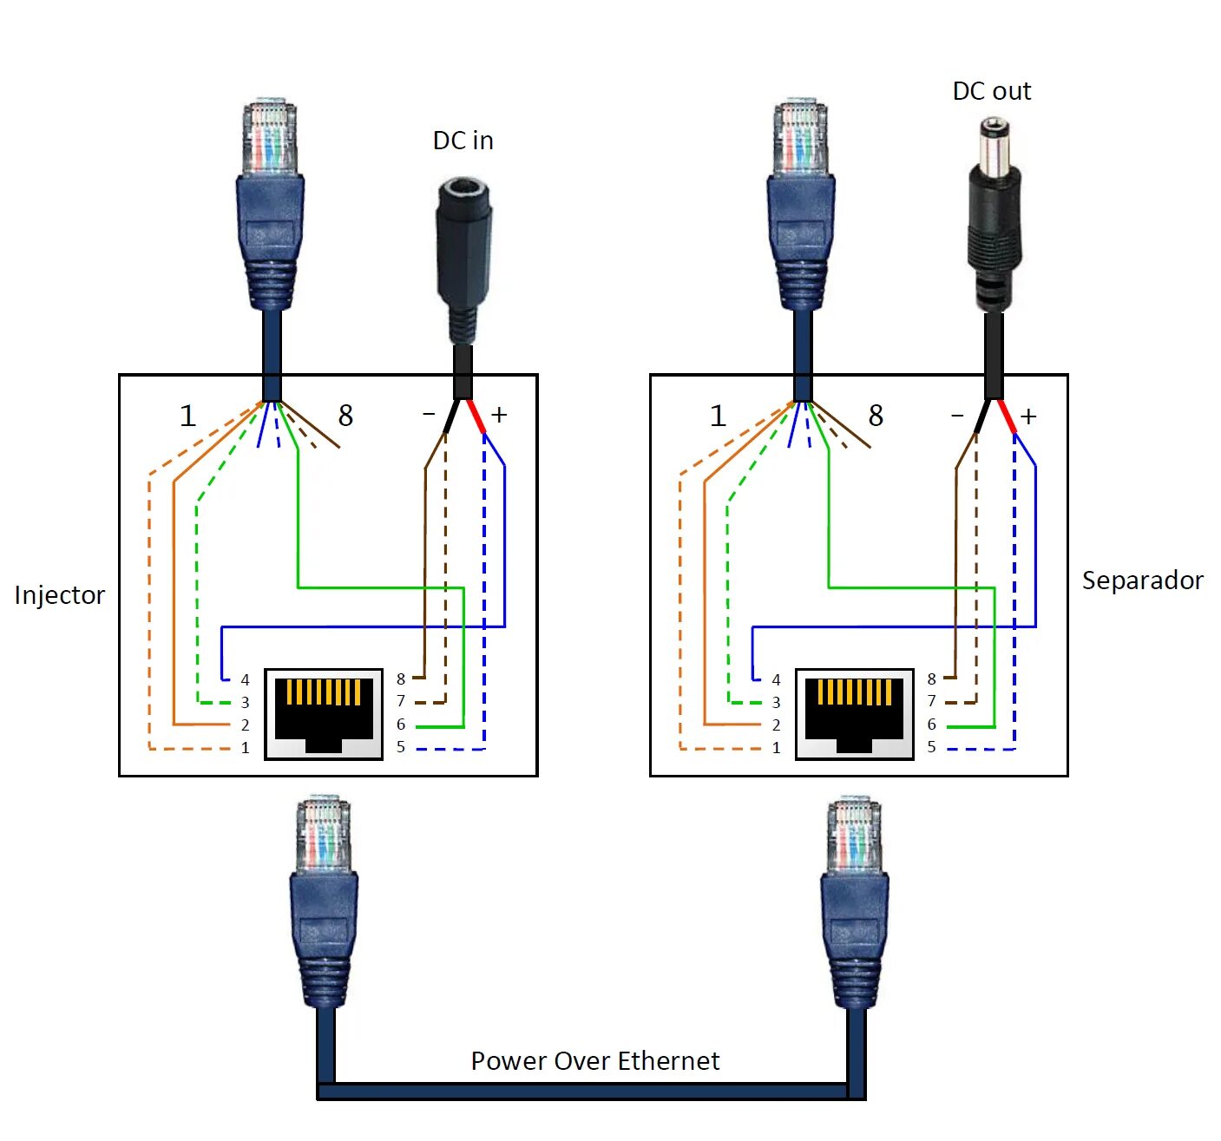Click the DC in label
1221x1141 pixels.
[x=463, y=141]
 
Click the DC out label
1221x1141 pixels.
[x=991, y=91]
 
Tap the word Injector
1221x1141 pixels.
[x=59, y=595]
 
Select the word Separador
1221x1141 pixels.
[x=1142, y=580]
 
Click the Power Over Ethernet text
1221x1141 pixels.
[x=594, y=1061]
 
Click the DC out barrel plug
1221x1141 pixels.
[x=995, y=217]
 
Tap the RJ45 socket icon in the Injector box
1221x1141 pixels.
[x=324, y=714]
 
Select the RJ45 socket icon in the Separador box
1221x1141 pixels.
[x=855, y=714]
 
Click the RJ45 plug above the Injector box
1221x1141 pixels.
[x=271, y=204]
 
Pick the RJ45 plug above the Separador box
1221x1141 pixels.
[x=801, y=204]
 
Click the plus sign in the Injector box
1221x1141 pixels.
[x=499, y=415]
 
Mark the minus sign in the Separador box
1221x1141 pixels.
[x=957, y=416]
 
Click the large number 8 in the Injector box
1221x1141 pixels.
[x=345, y=416]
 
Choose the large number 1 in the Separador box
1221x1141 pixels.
[x=718, y=416]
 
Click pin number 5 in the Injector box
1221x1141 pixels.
[x=401, y=747]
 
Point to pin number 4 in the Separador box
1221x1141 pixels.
[x=776, y=679]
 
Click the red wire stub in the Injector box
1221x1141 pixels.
[x=476, y=416]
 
